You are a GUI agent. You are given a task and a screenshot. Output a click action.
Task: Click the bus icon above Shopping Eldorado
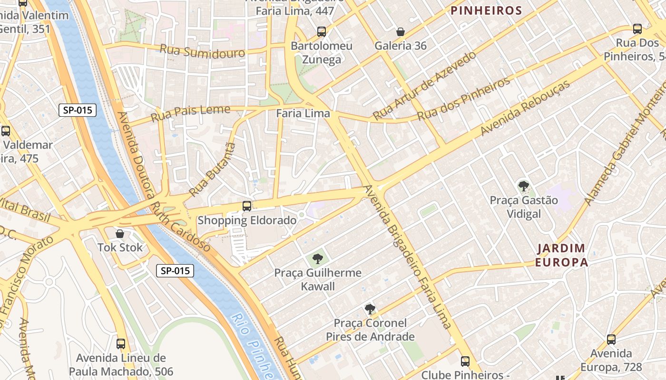point(247,206)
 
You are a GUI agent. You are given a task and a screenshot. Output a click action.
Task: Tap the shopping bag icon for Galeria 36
point(401,32)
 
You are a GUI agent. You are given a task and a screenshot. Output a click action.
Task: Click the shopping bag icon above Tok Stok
point(120,234)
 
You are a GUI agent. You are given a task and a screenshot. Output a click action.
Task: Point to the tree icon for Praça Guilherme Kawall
point(318,259)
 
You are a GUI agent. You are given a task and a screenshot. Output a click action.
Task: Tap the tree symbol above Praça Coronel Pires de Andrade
point(370,309)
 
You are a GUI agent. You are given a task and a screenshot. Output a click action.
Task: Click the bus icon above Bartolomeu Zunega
point(322,32)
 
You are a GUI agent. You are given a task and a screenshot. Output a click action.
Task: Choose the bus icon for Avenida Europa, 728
point(611,340)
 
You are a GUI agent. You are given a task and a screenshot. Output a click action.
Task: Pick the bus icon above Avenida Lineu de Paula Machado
point(121,344)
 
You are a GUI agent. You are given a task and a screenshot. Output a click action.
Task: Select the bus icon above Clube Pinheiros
point(465,361)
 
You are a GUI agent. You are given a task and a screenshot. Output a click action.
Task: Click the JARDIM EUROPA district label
point(561,255)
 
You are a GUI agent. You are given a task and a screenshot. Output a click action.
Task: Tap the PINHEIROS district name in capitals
point(486,10)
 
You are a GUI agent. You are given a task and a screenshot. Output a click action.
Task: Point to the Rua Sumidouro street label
point(202,50)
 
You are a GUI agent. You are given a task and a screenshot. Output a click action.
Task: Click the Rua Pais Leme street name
point(190,113)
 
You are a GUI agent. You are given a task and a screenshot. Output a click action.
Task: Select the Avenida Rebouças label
point(525,108)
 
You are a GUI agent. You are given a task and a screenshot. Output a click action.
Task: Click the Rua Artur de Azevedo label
point(424,86)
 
